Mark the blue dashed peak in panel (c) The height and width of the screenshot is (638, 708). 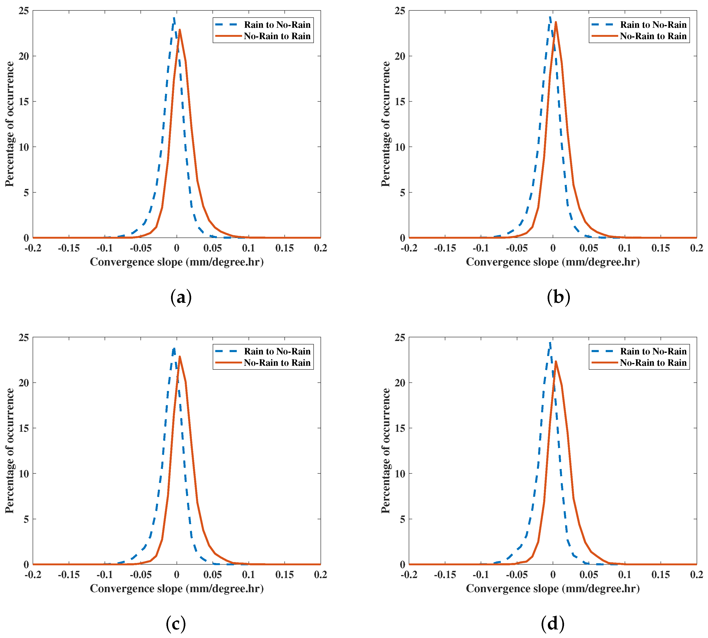pyautogui.click(x=174, y=348)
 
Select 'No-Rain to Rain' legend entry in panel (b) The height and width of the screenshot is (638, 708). pyautogui.click(x=653, y=36)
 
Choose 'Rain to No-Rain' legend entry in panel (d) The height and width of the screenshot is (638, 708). pyautogui.click(x=653, y=351)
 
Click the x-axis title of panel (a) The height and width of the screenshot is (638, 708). pyautogui.click(x=177, y=262)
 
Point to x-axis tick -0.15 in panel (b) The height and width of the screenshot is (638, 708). pyautogui.click(x=445, y=248)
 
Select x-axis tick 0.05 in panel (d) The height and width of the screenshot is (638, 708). pyautogui.click(x=589, y=575)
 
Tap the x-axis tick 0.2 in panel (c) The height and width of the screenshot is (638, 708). pyautogui.click(x=320, y=575)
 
